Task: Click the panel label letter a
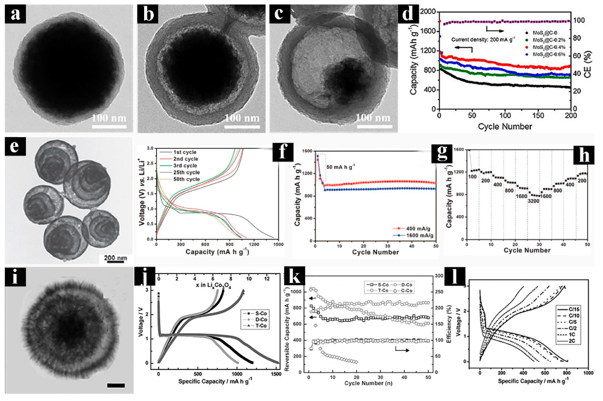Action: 15,14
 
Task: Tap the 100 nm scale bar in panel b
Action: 242,127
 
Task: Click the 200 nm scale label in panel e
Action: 115,258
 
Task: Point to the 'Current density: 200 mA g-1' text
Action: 483,40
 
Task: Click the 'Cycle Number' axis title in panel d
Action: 505,126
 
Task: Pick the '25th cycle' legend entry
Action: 186,172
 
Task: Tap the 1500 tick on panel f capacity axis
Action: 278,244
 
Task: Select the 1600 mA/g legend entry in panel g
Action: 419,235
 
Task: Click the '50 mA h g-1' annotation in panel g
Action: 341,167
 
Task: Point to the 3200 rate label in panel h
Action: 533,201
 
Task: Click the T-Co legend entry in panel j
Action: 260,326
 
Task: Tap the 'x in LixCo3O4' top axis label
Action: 213,286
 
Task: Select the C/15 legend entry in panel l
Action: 574,309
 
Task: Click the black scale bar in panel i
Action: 116,385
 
